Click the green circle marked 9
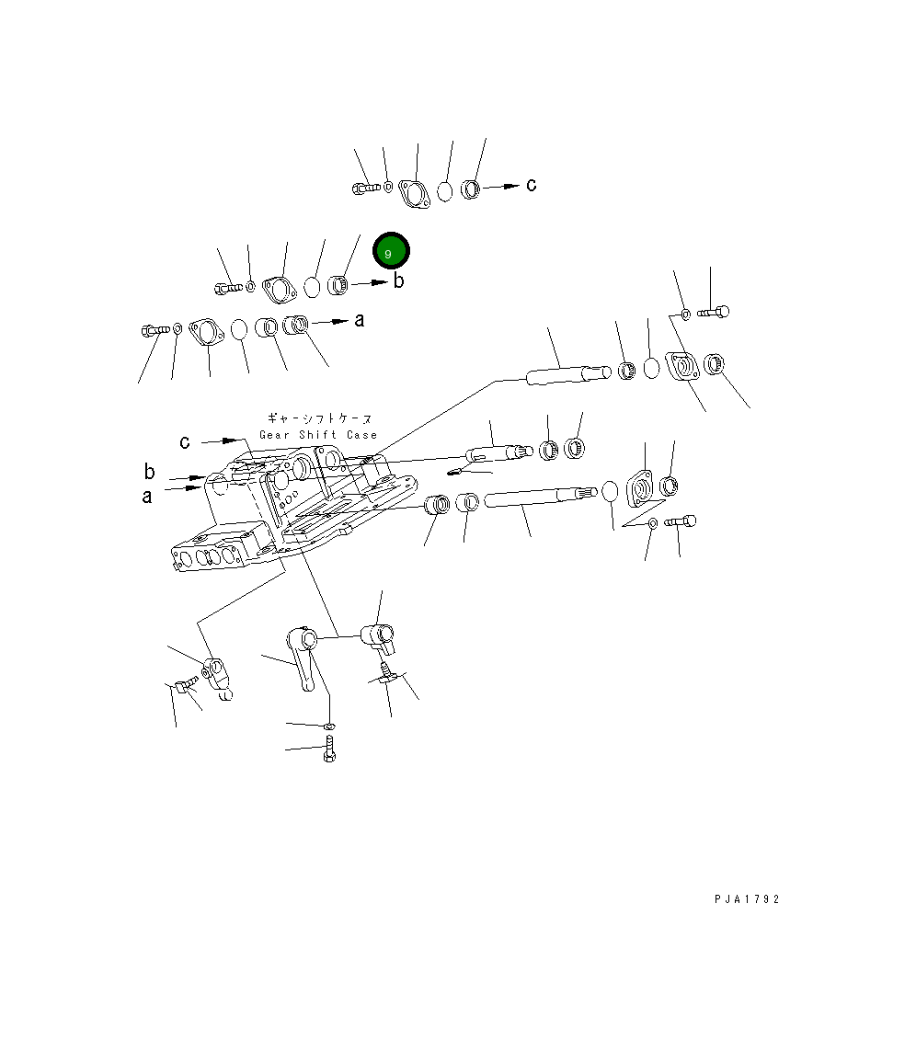tap(391, 252)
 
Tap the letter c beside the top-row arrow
tap(531, 185)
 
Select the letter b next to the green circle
tap(398, 281)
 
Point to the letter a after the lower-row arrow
tap(360, 320)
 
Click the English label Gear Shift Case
tap(318, 435)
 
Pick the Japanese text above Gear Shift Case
tap(318, 418)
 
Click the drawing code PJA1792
tap(747, 899)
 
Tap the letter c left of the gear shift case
tap(185, 441)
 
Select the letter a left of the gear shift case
tap(147, 497)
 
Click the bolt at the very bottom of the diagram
tap(331, 752)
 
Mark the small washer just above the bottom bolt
tap(330, 727)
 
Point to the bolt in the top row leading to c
tap(365, 189)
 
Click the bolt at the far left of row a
tap(154, 329)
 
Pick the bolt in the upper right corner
tap(713, 313)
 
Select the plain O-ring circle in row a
tap(239, 330)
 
